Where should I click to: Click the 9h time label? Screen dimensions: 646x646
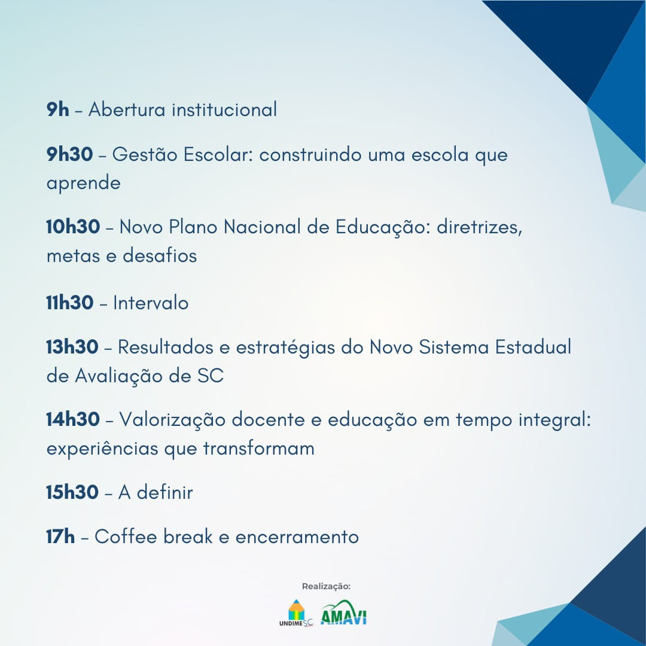[x=57, y=109]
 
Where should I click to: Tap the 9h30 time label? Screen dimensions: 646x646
[x=69, y=154]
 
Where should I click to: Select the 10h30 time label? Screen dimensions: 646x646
[x=73, y=227]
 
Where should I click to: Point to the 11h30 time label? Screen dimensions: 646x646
[x=69, y=303]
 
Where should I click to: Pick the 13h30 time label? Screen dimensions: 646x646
[x=72, y=347]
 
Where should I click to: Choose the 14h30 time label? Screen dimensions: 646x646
[x=73, y=419]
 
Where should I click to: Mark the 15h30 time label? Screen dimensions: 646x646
[x=72, y=492]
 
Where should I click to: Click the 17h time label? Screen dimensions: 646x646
[x=60, y=537]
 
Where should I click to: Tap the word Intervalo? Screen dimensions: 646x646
[x=151, y=303]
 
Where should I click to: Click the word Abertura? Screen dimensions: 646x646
[x=127, y=109]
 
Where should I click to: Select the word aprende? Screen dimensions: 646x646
[x=84, y=184]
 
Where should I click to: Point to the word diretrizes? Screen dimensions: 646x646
[x=479, y=227]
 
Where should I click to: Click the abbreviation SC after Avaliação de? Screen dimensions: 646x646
[x=211, y=376]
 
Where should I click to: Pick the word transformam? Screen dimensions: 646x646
[x=259, y=448]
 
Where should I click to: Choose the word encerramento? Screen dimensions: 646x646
[x=297, y=537]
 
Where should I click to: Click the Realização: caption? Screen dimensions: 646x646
[x=327, y=586]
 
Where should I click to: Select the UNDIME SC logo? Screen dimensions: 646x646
[x=296, y=614]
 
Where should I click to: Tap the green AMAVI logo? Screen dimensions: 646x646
[x=343, y=613]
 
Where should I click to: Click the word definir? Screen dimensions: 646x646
[x=165, y=492]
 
